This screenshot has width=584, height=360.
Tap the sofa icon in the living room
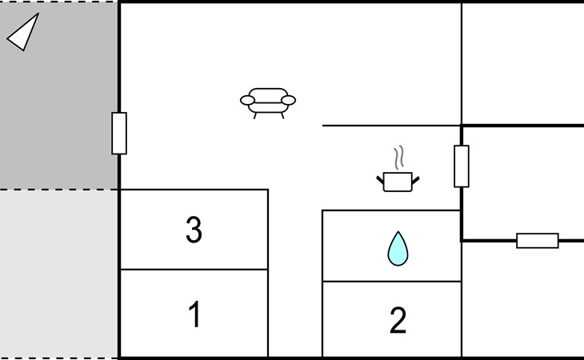click(x=268, y=103)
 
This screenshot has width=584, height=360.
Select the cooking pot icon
click(x=398, y=182)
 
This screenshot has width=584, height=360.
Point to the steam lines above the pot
click(x=399, y=158)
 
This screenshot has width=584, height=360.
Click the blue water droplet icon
click(x=398, y=249)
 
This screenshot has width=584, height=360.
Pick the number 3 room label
click(x=194, y=230)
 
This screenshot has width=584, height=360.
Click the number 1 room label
click(x=194, y=314)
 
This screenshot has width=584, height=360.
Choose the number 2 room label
click(x=398, y=320)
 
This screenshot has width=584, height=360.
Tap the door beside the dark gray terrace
click(x=119, y=134)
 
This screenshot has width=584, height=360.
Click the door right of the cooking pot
click(x=462, y=166)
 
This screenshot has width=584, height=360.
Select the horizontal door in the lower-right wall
click(x=538, y=241)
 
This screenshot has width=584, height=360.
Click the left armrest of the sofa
click(x=248, y=100)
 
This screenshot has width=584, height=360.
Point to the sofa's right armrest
click(x=288, y=100)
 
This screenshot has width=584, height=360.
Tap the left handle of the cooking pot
click(x=380, y=181)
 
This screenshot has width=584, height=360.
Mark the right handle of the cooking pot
click(x=416, y=181)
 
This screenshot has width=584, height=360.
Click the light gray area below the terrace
click(x=58, y=274)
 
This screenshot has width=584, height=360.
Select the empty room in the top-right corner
click(x=523, y=64)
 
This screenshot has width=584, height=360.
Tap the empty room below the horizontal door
click(x=523, y=299)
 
